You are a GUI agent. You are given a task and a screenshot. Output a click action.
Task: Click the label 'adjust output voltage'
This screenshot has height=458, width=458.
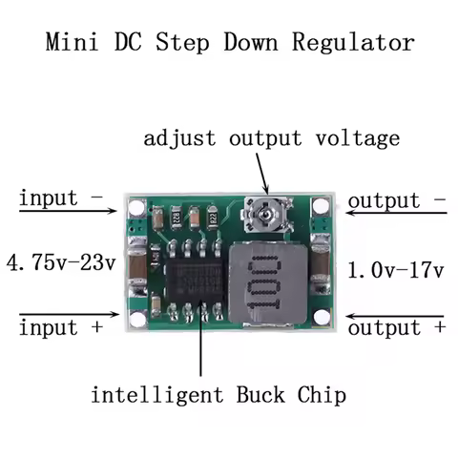[x=271, y=139]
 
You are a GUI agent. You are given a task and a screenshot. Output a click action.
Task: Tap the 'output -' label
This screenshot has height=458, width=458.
[x=396, y=201]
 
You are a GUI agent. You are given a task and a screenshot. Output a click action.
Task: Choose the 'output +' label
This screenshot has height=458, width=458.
[x=396, y=327]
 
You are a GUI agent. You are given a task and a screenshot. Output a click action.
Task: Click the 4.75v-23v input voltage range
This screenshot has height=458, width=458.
[x=60, y=261]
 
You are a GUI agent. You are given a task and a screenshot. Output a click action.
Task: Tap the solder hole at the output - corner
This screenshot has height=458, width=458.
[x=318, y=206]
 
